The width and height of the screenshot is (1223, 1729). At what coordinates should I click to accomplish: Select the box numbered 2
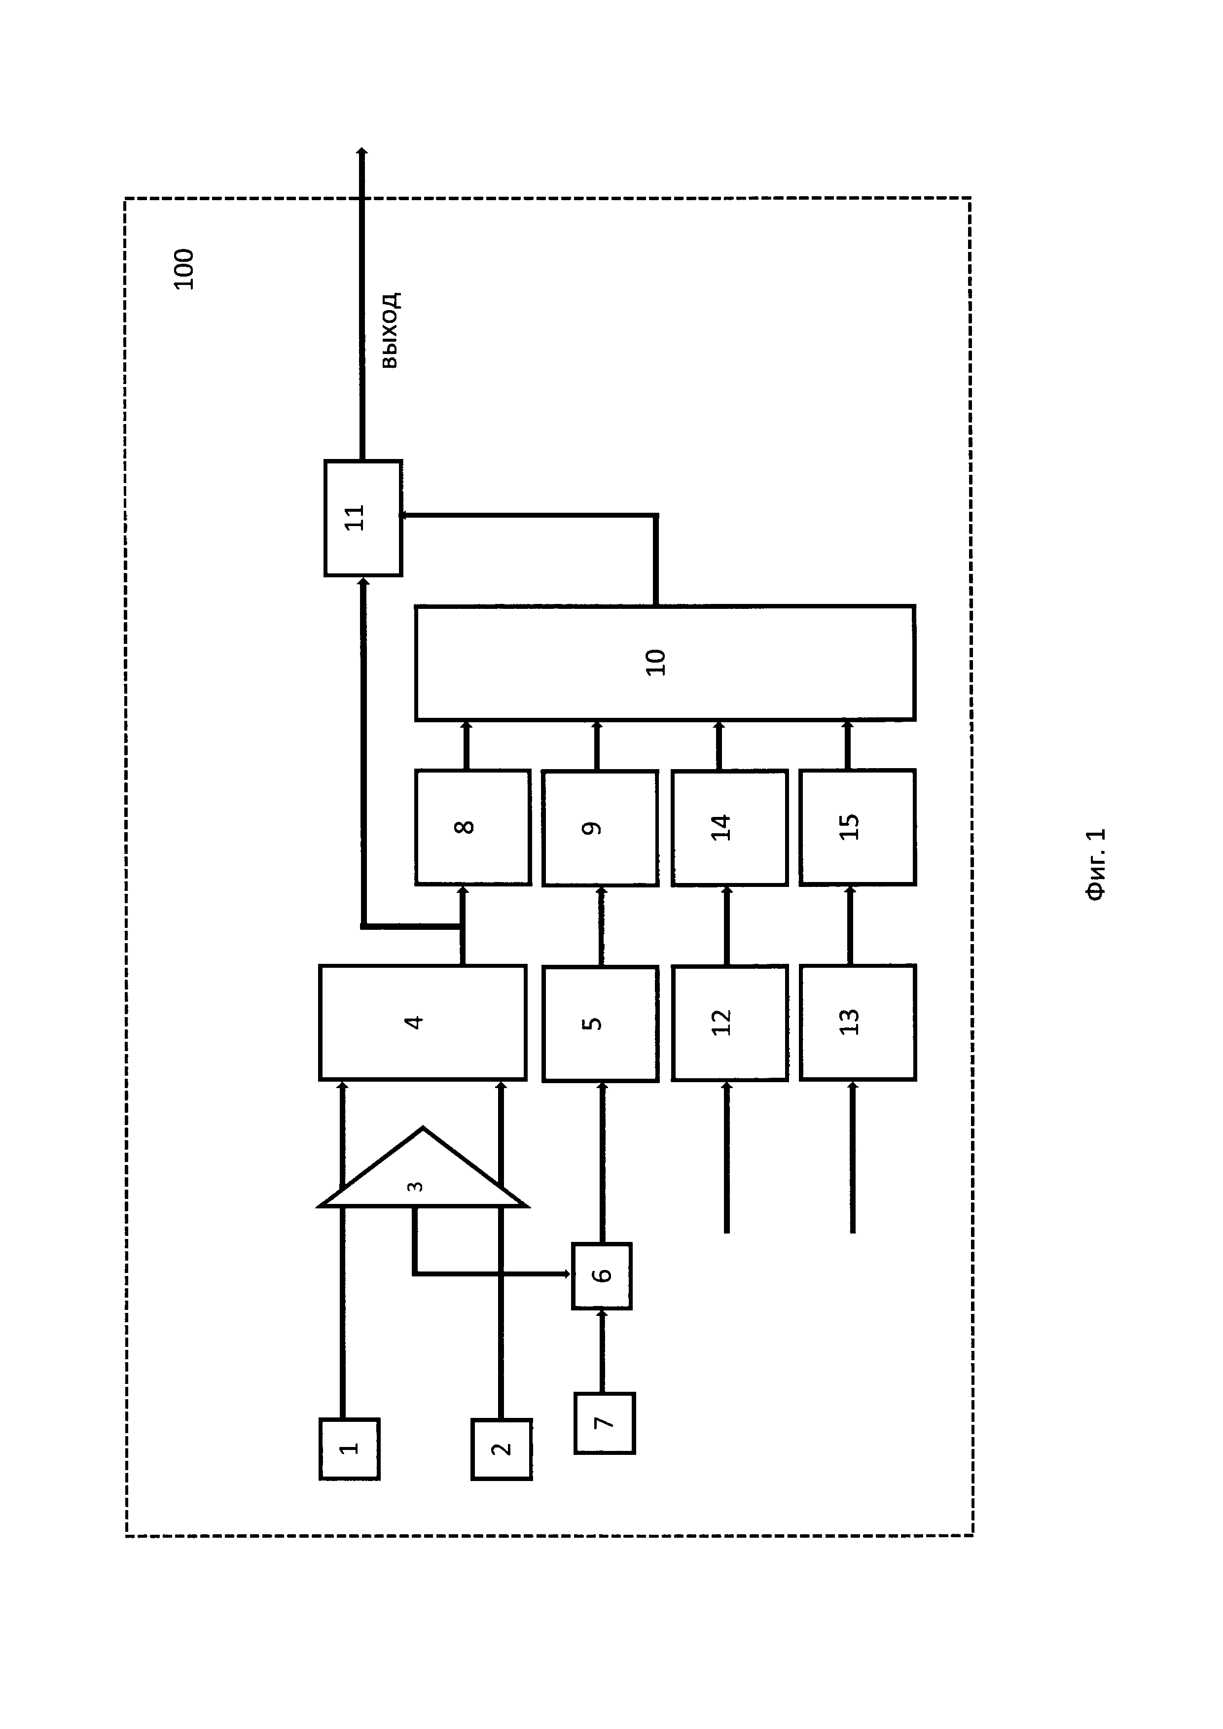(502, 1449)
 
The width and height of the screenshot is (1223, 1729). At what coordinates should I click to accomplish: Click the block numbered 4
(423, 1022)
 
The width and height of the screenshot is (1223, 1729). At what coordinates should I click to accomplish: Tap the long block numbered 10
(665, 663)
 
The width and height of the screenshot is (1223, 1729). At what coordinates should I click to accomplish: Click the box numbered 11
(363, 518)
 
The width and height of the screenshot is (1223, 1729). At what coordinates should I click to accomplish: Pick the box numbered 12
(729, 1023)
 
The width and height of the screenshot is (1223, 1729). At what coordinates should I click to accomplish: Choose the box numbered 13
(857, 1023)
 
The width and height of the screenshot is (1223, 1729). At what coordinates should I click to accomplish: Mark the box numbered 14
(729, 827)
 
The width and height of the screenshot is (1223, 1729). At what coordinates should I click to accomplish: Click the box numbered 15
(857, 827)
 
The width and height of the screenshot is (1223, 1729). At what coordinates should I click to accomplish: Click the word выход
(390, 330)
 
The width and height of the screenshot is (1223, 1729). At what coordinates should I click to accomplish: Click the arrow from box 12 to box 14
(727, 926)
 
